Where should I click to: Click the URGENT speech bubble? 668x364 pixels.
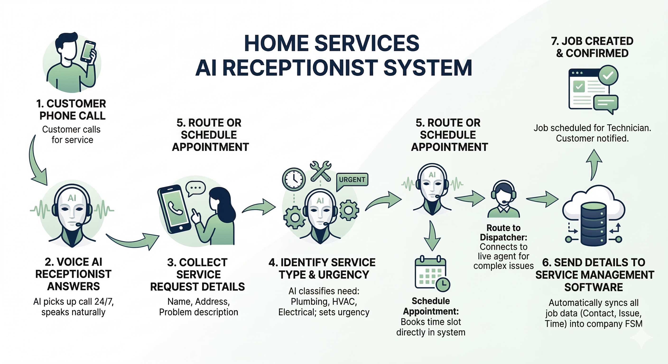click(x=352, y=180)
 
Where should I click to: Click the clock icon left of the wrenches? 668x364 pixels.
click(x=293, y=179)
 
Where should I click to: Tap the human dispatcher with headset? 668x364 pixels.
click(x=503, y=200)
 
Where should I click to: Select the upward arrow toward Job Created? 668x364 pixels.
click(x=594, y=164)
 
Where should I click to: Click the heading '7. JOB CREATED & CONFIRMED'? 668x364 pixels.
click(x=592, y=47)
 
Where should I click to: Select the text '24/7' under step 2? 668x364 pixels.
click(x=104, y=302)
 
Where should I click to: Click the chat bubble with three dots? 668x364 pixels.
click(x=195, y=188)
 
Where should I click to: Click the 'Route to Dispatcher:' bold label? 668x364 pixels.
click(x=503, y=233)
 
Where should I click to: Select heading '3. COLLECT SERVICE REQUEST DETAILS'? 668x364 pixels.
click(x=198, y=275)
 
